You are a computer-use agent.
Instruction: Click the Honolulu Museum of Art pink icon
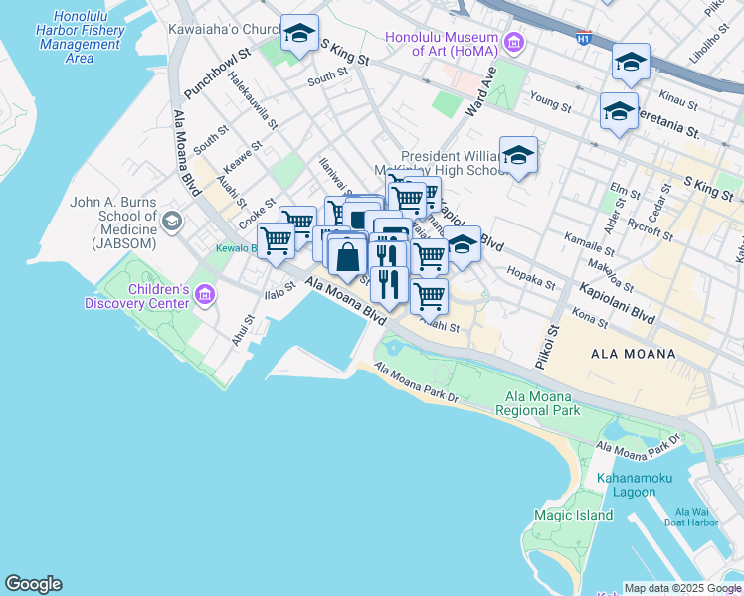click(x=514, y=42)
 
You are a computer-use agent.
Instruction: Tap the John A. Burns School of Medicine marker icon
click(x=173, y=220)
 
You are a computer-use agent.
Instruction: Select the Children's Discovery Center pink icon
click(x=206, y=293)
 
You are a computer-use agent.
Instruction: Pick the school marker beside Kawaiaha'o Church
click(x=299, y=35)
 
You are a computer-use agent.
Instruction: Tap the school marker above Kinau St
click(x=631, y=63)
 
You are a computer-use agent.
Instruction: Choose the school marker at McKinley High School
click(x=518, y=156)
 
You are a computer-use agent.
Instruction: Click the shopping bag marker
click(x=348, y=256)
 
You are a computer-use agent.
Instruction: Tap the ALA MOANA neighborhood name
click(x=633, y=354)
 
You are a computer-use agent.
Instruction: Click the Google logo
click(x=33, y=584)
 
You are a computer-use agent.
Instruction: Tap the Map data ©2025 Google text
click(x=682, y=588)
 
